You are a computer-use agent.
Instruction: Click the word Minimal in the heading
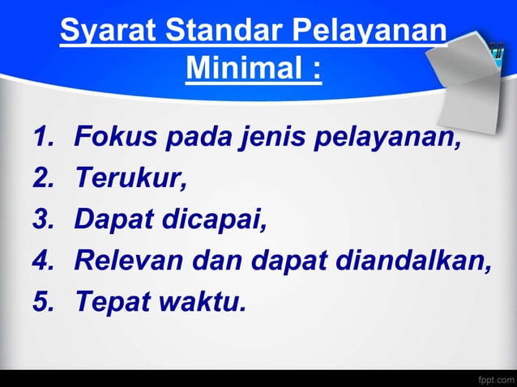tap(243, 69)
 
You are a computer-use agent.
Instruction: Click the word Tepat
tap(109, 302)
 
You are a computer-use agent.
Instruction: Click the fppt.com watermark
tap(495, 378)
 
